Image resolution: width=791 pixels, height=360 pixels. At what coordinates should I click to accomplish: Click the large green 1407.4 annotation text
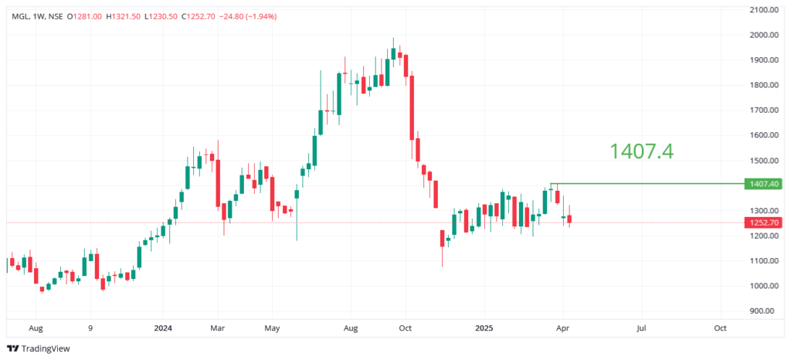coord(641,151)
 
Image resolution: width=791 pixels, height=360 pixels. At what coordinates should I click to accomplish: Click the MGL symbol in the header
coord(20,15)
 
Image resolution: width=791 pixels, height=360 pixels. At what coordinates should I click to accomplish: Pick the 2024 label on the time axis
coord(162,328)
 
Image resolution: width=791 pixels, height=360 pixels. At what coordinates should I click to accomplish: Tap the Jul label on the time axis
coord(641,328)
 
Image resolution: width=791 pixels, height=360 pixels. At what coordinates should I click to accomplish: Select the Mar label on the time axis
coord(218,328)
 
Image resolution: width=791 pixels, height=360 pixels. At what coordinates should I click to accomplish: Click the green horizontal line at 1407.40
coord(641,184)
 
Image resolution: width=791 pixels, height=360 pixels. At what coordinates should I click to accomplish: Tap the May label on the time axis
coord(273,328)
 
